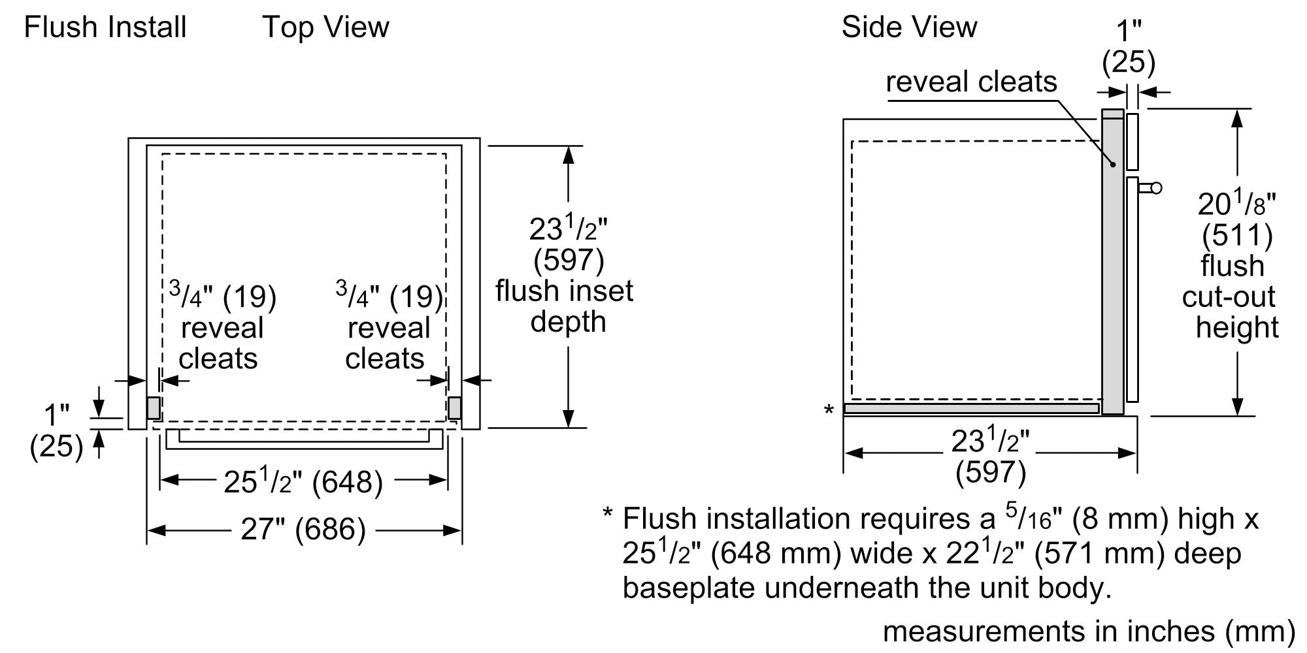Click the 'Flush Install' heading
[x=105, y=27]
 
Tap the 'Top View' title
[x=325, y=27]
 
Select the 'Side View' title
[x=909, y=27]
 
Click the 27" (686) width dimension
[x=303, y=530]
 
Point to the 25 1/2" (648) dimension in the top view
[x=303, y=483]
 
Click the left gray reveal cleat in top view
[x=154, y=408]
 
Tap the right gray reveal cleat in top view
[x=455, y=408]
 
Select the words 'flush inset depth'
[x=565, y=306]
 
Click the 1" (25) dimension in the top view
[x=56, y=432]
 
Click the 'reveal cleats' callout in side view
[x=971, y=82]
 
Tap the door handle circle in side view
[x=1156, y=188]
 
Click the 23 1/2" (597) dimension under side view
[x=990, y=456]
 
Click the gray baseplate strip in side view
[x=971, y=409]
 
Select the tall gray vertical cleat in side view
[x=1112, y=261]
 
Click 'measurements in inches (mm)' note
[x=1089, y=631]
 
